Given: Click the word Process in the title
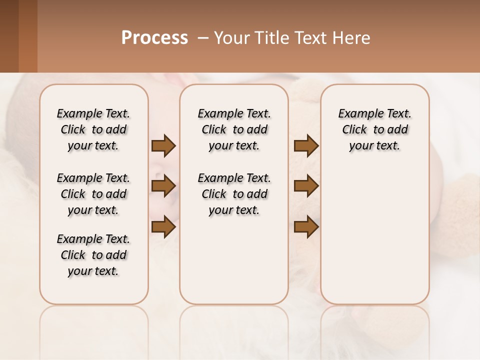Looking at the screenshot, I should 154,37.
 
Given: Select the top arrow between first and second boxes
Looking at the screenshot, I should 163,145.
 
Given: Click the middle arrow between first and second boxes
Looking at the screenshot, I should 163,186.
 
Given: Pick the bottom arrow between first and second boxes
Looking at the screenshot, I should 163,226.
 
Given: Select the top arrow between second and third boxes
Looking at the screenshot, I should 306,145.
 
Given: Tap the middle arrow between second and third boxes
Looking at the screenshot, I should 306,186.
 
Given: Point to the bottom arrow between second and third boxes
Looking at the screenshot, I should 306,226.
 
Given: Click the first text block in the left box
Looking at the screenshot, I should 93,129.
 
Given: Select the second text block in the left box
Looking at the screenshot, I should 93,194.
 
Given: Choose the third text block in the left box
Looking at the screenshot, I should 93,255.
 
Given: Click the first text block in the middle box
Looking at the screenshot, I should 234,129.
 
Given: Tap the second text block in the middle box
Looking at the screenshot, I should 234,194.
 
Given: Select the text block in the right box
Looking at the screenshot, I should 375,129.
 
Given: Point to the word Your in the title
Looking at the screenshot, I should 232,37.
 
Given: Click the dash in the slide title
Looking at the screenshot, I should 203,38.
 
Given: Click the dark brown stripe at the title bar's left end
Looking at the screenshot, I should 9,36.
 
